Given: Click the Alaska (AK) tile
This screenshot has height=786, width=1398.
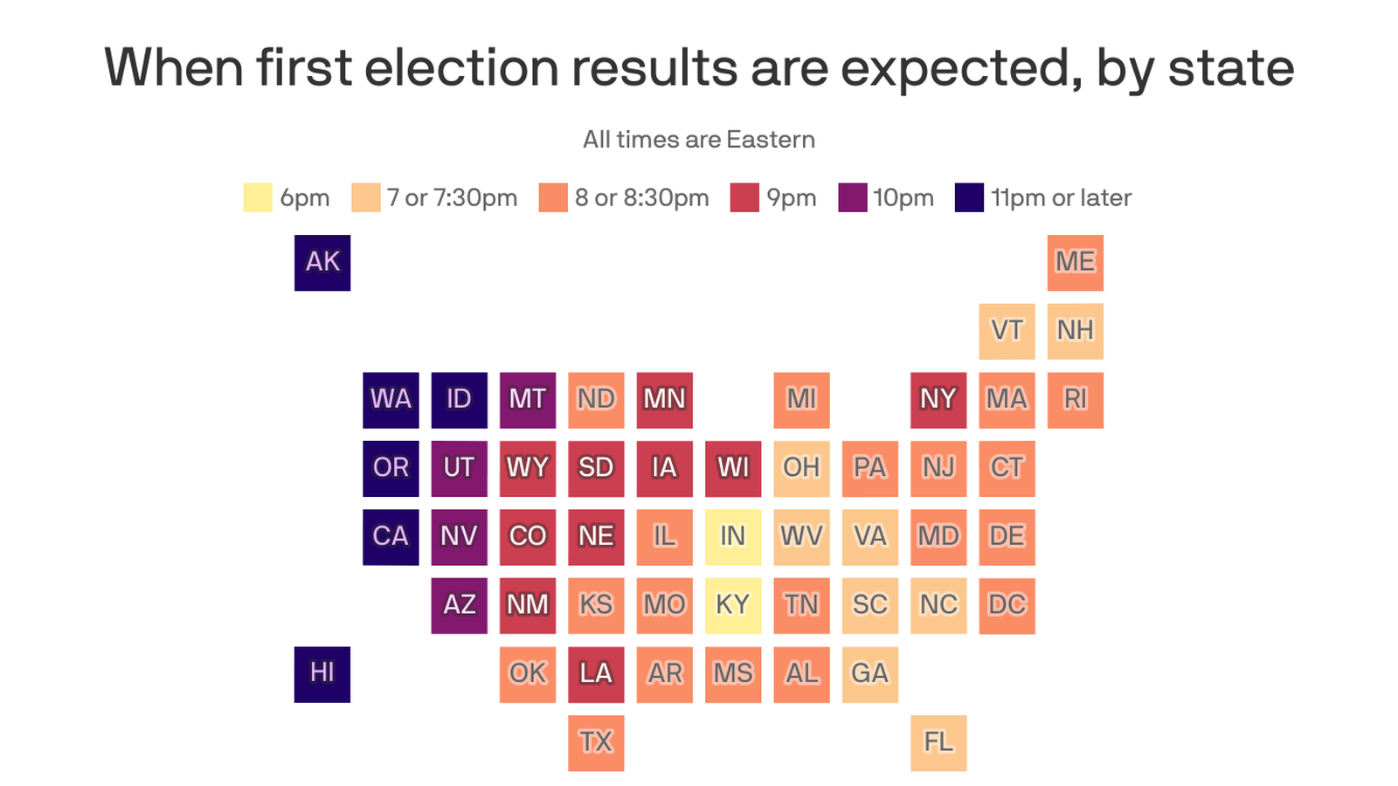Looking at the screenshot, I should pyautogui.click(x=322, y=262).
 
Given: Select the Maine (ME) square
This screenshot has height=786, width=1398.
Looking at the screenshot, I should pyautogui.click(x=1075, y=262).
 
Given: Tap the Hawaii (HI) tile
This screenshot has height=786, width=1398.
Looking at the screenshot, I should pyautogui.click(x=322, y=673).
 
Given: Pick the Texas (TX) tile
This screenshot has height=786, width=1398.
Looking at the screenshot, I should pyautogui.click(x=596, y=742).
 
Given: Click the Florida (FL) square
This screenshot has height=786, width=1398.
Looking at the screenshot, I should pyautogui.click(x=938, y=742).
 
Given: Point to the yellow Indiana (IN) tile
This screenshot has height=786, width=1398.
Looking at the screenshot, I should pyautogui.click(x=733, y=536).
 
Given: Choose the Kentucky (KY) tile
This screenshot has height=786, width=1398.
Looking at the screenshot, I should pyautogui.click(x=733, y=605).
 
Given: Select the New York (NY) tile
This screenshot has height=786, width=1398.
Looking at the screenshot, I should pyautogui.click(x=938, y=399).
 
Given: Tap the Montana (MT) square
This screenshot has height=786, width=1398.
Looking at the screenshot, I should pyautogui.click(x=528, y=399).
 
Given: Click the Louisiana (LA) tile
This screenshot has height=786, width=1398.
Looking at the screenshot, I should pyautogui.click(x=596, y=673).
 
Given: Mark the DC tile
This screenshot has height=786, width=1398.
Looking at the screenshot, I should pyautogui.click(x=1007, y=605).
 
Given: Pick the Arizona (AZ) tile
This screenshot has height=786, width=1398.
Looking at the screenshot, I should pyautogui.click(x=460, y=605).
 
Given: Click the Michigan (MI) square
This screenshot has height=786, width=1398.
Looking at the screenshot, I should pyautogui.click(x=801, y=399).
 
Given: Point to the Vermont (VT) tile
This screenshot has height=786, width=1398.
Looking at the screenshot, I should pyautogui.click(x=1007, y=330).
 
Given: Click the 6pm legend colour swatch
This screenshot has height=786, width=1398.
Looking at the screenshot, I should pyautogui.click(x=258, y=197).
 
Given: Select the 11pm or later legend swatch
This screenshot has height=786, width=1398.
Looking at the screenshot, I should pyautogui.click(x=969, y=197).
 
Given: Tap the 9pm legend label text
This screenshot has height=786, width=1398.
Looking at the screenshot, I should pyautogui.click(x=791, y=198).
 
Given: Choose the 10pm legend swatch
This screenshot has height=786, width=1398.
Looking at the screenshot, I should pyautogui.click(x=853, y=197).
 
